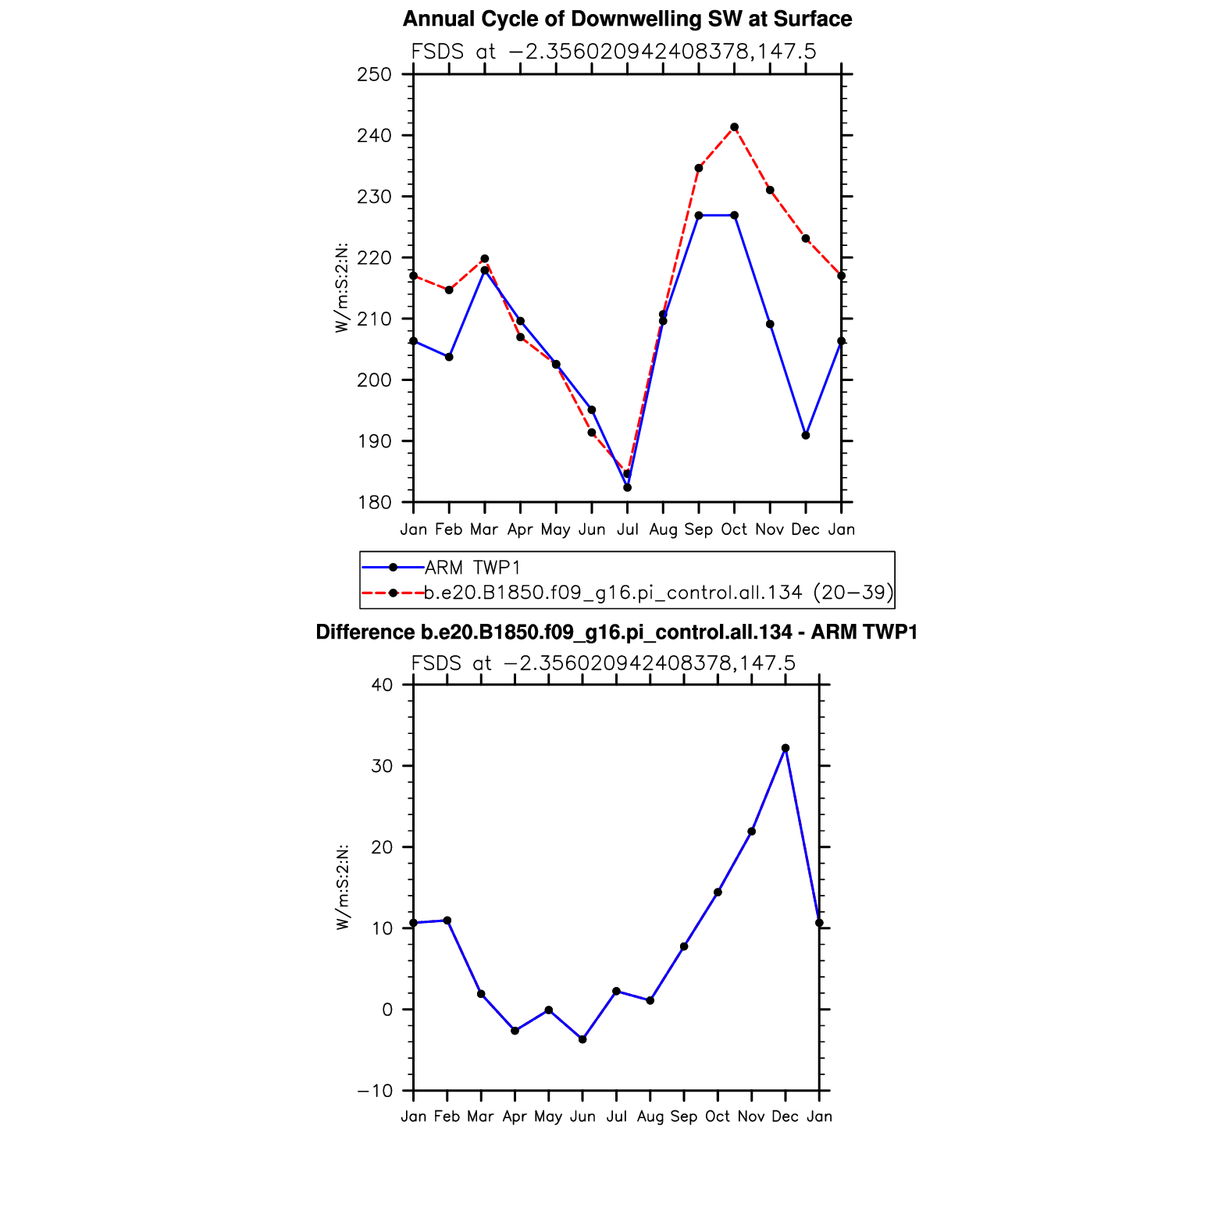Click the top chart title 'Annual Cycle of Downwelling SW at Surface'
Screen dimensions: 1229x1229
[x=627, y=19]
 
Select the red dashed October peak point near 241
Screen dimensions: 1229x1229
[x=734, y=127]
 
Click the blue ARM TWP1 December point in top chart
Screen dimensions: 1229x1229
[x=806, y=435]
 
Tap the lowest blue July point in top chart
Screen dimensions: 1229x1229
[x=627, y=487]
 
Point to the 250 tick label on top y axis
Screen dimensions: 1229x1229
[x=374, y=75]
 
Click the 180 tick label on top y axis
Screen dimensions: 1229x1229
[x=374, y=503]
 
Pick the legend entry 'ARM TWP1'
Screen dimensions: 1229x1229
[x=472, y=568]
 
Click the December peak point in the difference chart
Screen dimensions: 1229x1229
[x=785, y=748]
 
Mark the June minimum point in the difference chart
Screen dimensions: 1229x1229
[x=582, y=1039]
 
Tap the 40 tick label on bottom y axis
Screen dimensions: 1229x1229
[x=382, y=686]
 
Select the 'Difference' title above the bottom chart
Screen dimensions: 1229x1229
[x=616, y=632]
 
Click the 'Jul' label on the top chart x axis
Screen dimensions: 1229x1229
[x=627, y=529]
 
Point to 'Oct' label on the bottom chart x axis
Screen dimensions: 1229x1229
[x=718, y=1117]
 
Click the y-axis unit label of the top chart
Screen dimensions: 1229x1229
[x=341, y=288]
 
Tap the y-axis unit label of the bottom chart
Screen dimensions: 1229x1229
[x=342, y=887]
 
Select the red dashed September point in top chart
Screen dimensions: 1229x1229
[x=699, y=168]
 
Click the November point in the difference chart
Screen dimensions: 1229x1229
[x=751, y=832]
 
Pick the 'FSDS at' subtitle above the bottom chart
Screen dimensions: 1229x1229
[x=603, y=664]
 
